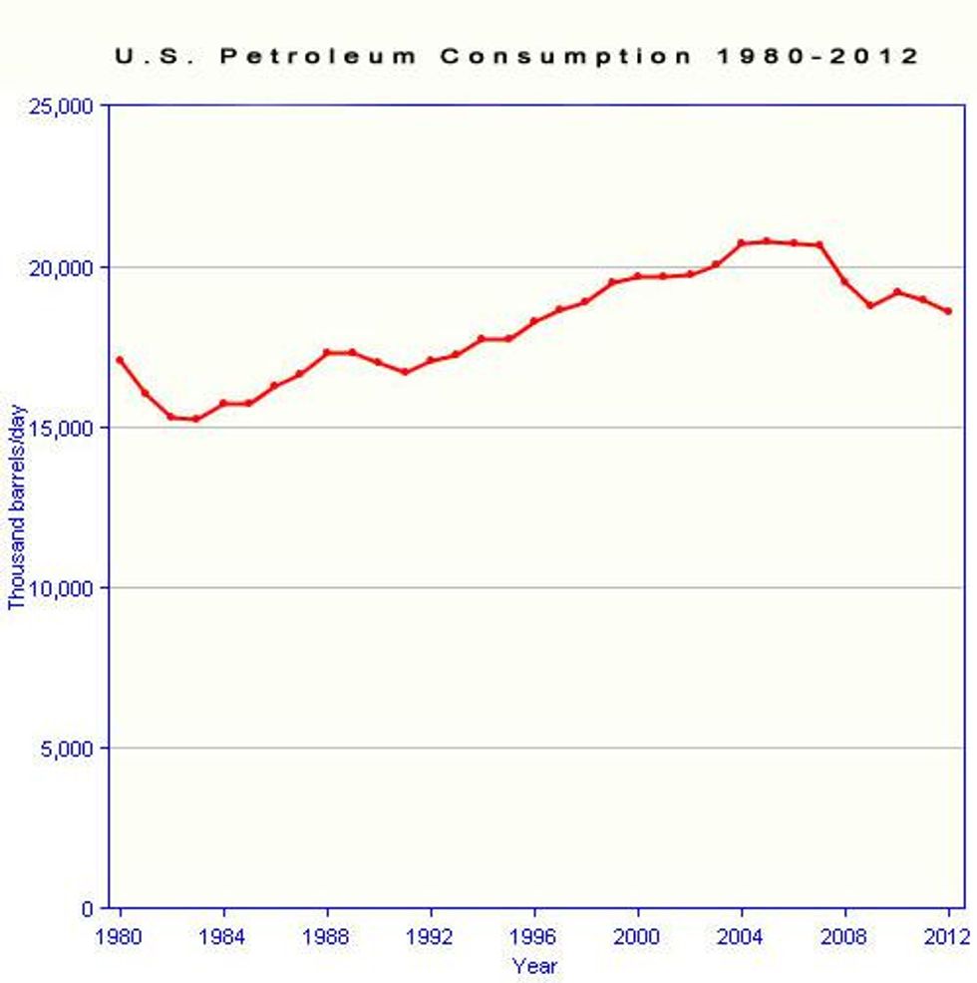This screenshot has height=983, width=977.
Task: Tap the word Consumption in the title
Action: pyautogui.click(x=565, y=56)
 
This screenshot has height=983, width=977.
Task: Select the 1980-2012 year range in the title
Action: pyautogui.click(x=818, y=56)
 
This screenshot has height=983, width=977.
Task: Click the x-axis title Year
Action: pyautogui.click(x=534, y=966)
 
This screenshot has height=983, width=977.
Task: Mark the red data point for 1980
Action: pyautogui.click(x=120, y=360)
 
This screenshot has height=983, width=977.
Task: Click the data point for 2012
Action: pyautogui.click(x=948, y=311)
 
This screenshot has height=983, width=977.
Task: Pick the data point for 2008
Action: pyautogui.click(x=845, y=281)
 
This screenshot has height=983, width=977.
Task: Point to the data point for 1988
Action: pyautogui.click(x=327, y=352)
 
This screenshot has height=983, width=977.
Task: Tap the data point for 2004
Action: pyautogui.click(x=742, y=243)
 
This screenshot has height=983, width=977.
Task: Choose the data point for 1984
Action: pyautogui.click(x=223, y=403)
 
